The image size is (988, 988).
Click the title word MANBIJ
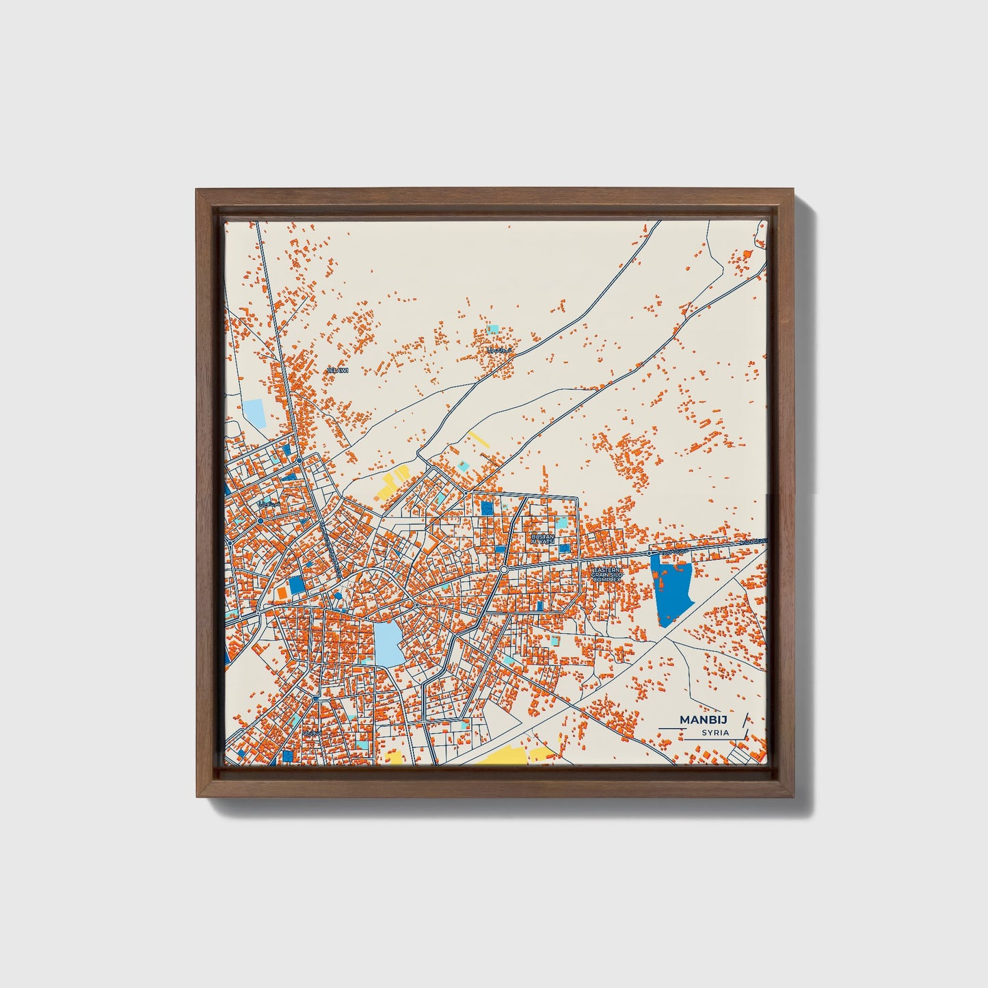tap(703, 719)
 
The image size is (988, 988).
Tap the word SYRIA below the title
tap(715, 733)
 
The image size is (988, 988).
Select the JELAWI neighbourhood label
tap(338, 370)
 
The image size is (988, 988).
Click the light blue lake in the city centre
tap(387, 643)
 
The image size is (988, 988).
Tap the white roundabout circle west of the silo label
tap(504, 569)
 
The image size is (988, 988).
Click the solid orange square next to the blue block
tap(281, 592)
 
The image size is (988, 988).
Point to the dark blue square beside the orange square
tap(296, 585)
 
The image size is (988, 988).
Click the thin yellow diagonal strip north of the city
tap(479, 439)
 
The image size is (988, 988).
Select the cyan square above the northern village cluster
tap(493, 330)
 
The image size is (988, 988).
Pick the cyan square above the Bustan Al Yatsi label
tap(561, 522)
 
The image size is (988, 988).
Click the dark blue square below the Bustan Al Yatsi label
tap(564, 548)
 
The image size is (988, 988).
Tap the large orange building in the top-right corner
tap(747, 254)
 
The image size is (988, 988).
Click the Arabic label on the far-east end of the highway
tap(753, 542)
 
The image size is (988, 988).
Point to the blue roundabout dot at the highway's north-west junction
tap(299, 460)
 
